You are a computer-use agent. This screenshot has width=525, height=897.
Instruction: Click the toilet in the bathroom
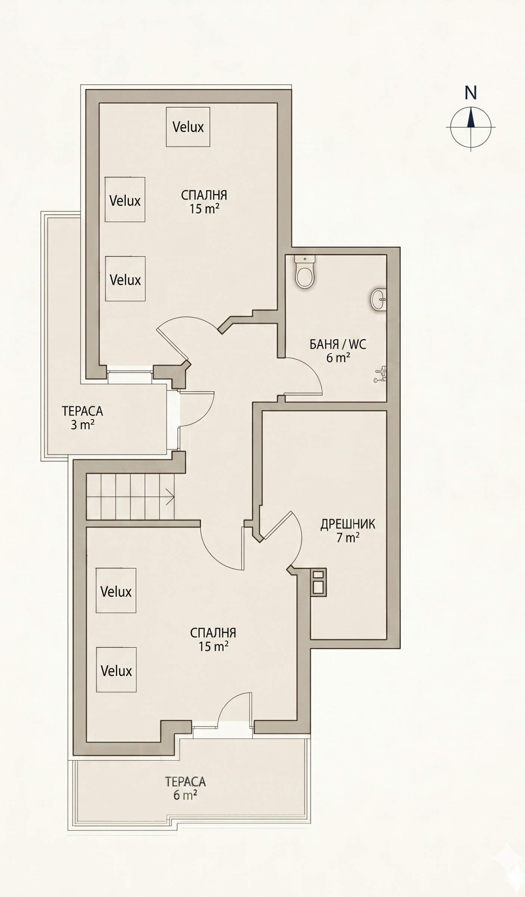[x=305, y=272]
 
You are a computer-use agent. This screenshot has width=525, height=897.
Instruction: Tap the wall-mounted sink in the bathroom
[x=378, y=300]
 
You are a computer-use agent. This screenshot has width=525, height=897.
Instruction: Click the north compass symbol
[x=471, y=127]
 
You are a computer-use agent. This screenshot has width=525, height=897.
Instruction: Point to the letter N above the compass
[x=471, y=93]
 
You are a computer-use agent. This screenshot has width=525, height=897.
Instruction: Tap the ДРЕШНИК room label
[x=348, y=524]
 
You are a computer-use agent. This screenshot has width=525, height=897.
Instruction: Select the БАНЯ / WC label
[x=338, y=344]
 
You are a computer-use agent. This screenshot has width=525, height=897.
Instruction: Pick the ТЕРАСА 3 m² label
[x=82, y=418]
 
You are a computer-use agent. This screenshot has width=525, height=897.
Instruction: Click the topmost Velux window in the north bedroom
[x=188, y=127]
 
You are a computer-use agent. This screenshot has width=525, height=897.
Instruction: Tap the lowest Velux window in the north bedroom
[x=125, y=279]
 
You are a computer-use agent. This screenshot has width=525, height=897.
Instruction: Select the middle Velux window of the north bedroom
[x=125, y=200]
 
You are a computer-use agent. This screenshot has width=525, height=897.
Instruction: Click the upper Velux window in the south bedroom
[x=116, y=591]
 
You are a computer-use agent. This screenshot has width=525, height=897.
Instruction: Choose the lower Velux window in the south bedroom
[x=116, y=670]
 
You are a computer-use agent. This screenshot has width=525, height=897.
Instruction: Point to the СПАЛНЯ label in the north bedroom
[x=204, y=195]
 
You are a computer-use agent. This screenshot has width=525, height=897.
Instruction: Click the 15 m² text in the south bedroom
[x=213, y=646]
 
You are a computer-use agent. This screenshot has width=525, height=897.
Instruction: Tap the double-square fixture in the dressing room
[x=319, y=582]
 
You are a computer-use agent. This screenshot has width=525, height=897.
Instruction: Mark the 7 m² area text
[x=348, y=538]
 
